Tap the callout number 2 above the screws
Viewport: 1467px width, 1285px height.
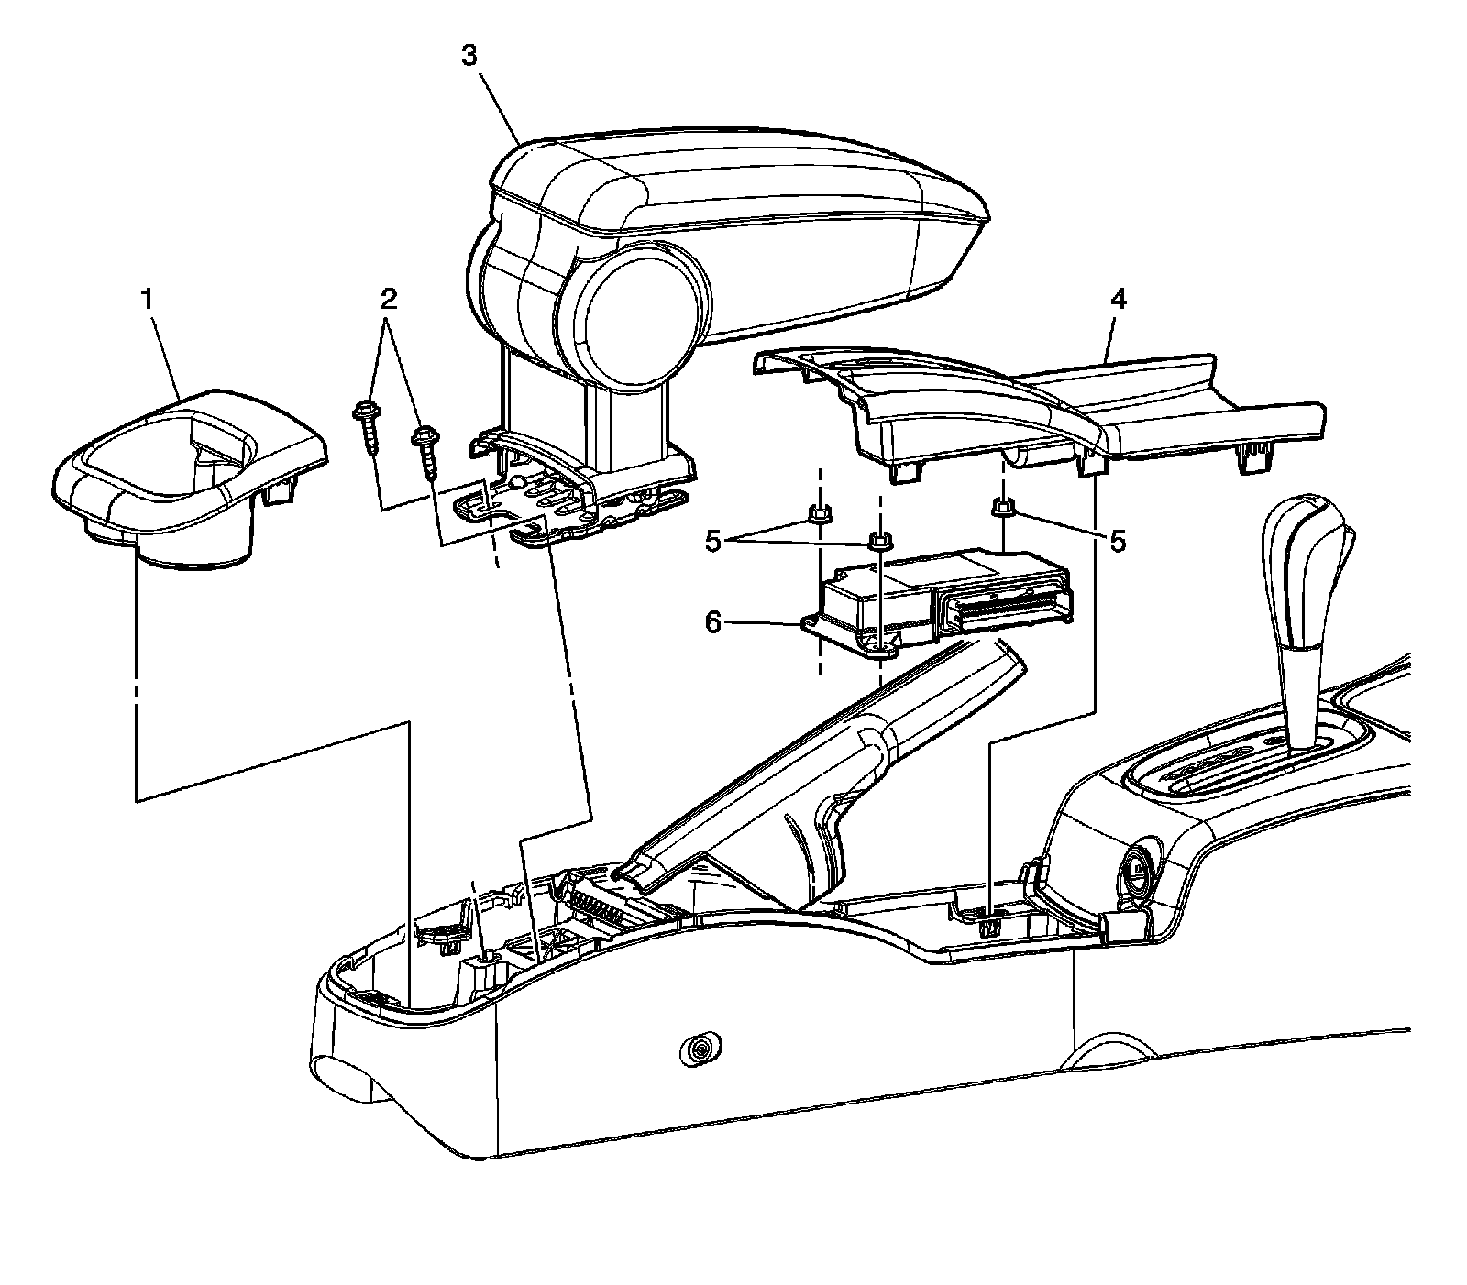(x=389, y=298)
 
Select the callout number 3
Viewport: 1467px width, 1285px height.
(x=469, y=56)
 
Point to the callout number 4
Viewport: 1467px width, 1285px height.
(x=1118, y=298)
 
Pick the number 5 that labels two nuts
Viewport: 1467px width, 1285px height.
(x=715, y=542)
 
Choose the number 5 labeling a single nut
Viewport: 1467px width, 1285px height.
(x=1117, y=542)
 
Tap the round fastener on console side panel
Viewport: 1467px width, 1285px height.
(x=701, y=1049)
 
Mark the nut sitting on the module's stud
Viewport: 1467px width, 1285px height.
(x=878, y=541)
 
